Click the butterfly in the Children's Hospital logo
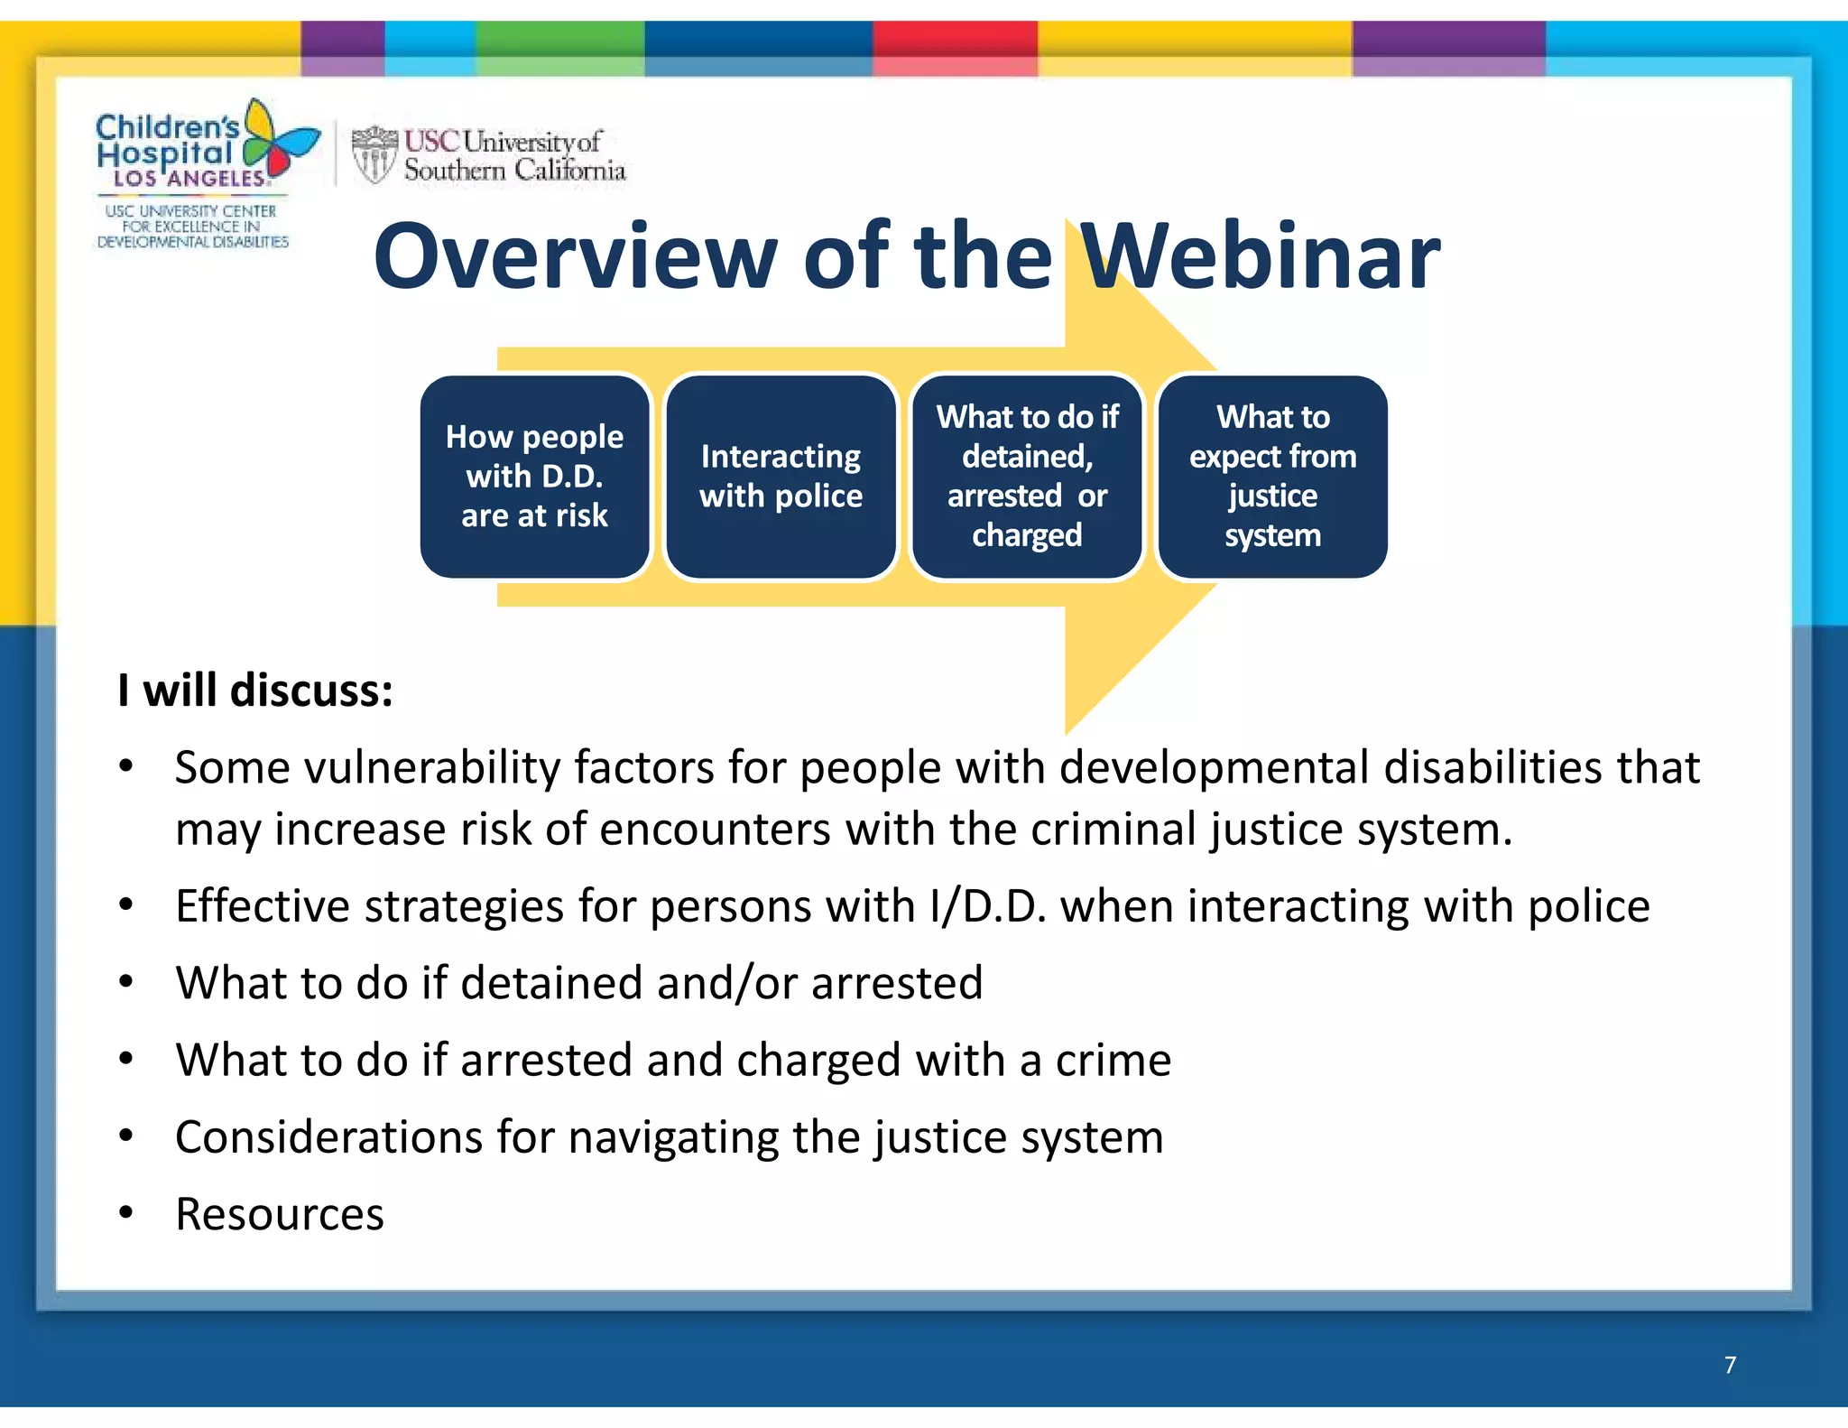[x=278, y=140]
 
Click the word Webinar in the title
[x=1260, y=258]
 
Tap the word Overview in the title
[x=575, y=258]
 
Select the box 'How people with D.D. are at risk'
[x=534, y=477]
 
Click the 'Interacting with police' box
[x=781, y=477]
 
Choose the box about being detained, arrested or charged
[x=1027, y=477]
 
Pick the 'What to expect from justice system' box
[x=1272, y=477]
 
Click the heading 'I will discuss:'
[x=255, y=691]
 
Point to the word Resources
[x=280, y=1215]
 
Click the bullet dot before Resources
[x=126, y=1212]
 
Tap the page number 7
[x=1730, y=1365]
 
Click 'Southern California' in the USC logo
[x=514, y=170]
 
